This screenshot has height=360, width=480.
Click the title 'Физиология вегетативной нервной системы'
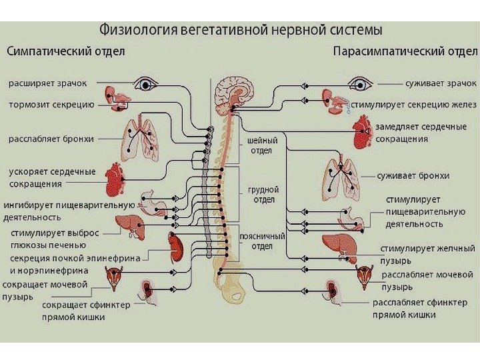[x=241, y=30]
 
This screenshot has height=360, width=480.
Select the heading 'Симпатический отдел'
[x=66, y=51]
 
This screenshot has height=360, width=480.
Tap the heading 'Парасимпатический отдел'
[x=405, y=51]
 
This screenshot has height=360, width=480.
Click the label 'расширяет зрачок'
[x=47, y=84]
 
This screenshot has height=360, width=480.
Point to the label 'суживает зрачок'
[x=441, y=84]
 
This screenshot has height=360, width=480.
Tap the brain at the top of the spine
[x=235, y=90]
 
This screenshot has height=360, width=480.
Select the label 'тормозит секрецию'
[x=51, y=105]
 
